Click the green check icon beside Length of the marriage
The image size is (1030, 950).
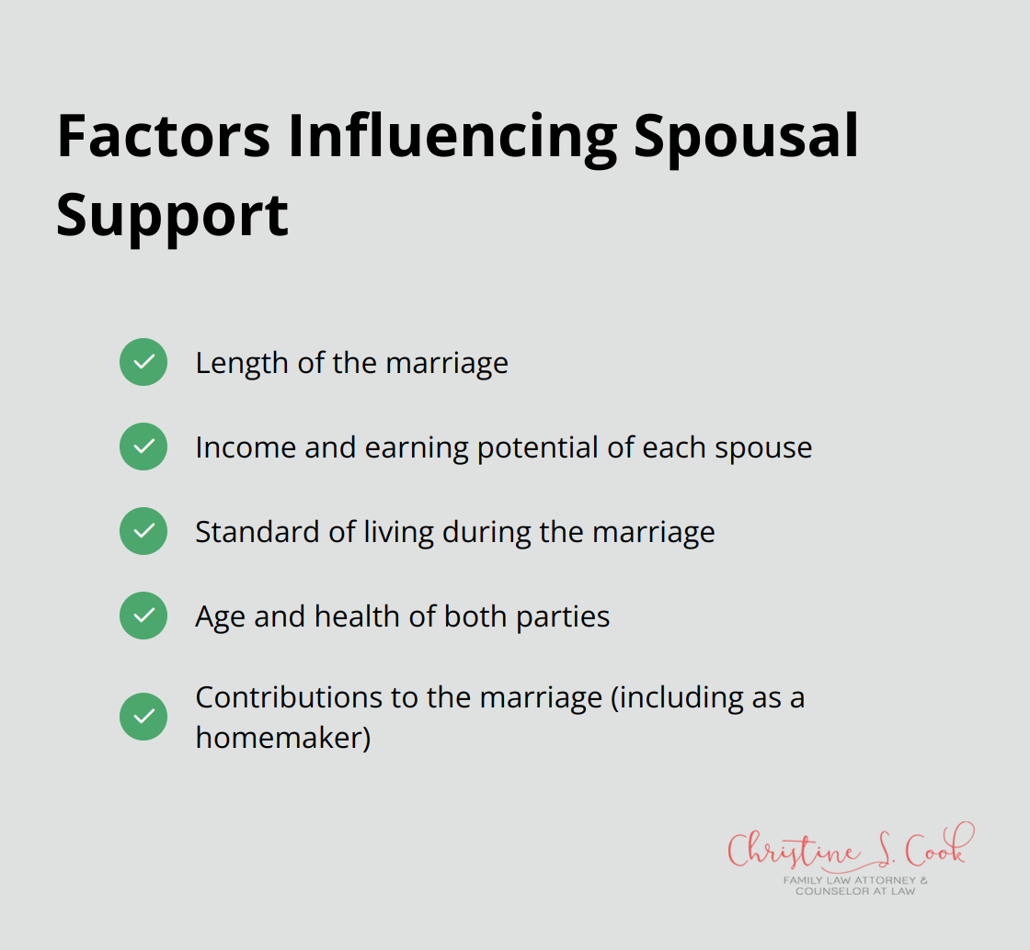point(143,362)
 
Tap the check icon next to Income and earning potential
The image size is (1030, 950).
point(143,447)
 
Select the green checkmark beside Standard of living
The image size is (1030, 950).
point(143,531)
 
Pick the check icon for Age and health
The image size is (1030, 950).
point(143,616)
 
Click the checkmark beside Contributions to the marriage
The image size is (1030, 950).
point(143,717)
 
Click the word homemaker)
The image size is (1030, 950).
point(282,738)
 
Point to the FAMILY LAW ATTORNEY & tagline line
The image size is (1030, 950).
point(855,880)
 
